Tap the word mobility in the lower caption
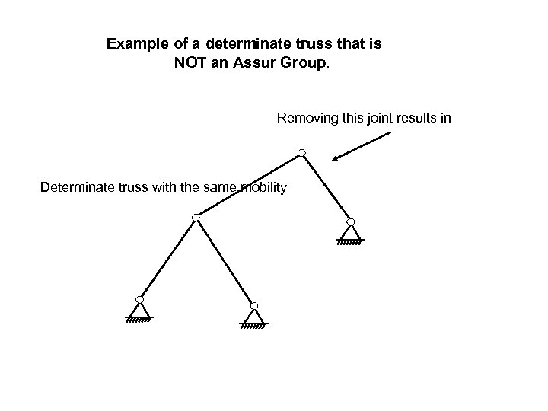[262, 187]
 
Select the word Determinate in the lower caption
[75, 187]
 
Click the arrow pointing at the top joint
[362, 146]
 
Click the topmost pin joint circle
[302, 154]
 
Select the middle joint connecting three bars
[196, 218]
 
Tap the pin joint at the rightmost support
[349, 222]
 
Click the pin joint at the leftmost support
[139, 299]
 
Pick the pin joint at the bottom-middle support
[253, 306]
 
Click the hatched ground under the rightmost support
[350, 243]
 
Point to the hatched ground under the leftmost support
[139, 320]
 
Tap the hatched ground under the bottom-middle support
[253, 326]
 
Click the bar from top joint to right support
[326, 188]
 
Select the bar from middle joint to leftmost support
[167, 259]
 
